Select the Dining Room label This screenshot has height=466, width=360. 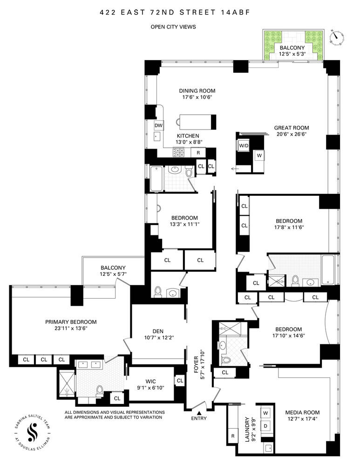coord(197,91)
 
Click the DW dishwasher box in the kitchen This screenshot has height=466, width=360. coord(158,125)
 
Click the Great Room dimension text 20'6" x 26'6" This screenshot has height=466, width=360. coord(291,134)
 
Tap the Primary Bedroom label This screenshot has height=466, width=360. coord(71,322)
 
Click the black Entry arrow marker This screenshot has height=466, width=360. coord(199,413)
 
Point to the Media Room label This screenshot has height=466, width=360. coord(303,412)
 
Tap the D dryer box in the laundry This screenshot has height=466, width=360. coord(266,426)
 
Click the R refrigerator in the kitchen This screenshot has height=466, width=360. coord(198,152)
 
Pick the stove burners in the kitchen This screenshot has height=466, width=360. coord(179,152)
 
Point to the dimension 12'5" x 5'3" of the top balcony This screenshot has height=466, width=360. coord(292,55)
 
